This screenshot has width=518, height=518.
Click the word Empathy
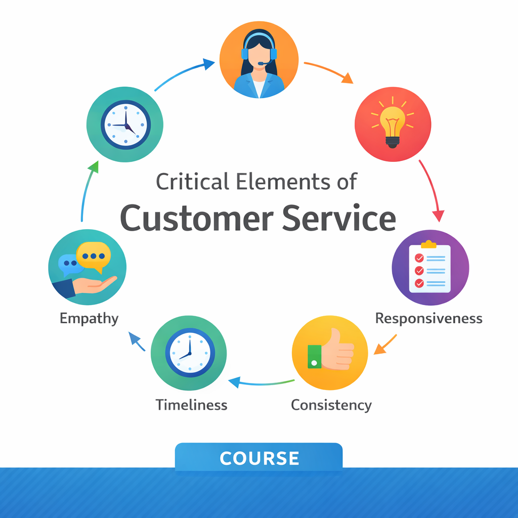(89, 319)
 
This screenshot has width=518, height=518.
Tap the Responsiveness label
(429, 319)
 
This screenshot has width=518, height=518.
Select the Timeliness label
(192, 405)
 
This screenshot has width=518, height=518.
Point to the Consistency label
(331, 405)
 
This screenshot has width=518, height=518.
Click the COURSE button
(258, 458)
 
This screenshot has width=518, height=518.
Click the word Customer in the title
(197, 219)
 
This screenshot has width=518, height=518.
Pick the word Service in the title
(339, 219)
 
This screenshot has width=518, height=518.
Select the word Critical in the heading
(193, 182)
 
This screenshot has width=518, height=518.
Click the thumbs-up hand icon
(331, 349)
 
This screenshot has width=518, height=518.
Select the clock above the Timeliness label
(190, 353)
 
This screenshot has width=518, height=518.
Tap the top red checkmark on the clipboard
(419, 257)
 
